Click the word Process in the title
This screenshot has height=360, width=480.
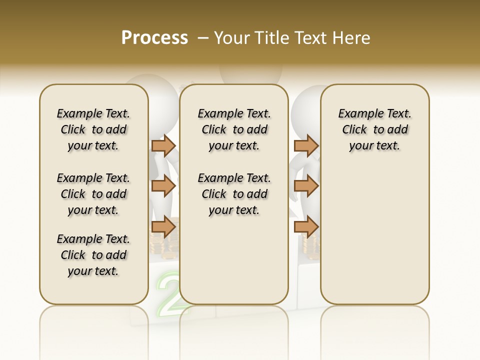(x=154, y=38)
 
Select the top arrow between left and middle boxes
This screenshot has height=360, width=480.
(x=163, y=145)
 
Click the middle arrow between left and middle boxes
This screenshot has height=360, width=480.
(x=163, y=186)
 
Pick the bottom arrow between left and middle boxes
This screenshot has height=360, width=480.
(x=163, y=227)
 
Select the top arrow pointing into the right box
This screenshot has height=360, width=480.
(x=306, y=145)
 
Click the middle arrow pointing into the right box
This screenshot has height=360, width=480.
(x=306, y=186)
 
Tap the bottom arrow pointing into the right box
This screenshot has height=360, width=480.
(x=306, y=227)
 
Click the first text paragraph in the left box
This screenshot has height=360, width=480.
(x=93, y=129)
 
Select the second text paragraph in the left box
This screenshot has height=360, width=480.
(x=93, y=194)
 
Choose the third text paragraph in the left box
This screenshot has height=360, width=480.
(x=93, y=255)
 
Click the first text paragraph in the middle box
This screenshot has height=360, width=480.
(x=234, y=129)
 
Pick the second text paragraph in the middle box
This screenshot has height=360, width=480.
(x=234, y=194)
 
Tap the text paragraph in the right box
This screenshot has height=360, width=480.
(x=374, y=129)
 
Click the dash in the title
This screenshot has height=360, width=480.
(x=203, y=38)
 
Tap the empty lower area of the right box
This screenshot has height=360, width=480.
(x=374, y=240)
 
